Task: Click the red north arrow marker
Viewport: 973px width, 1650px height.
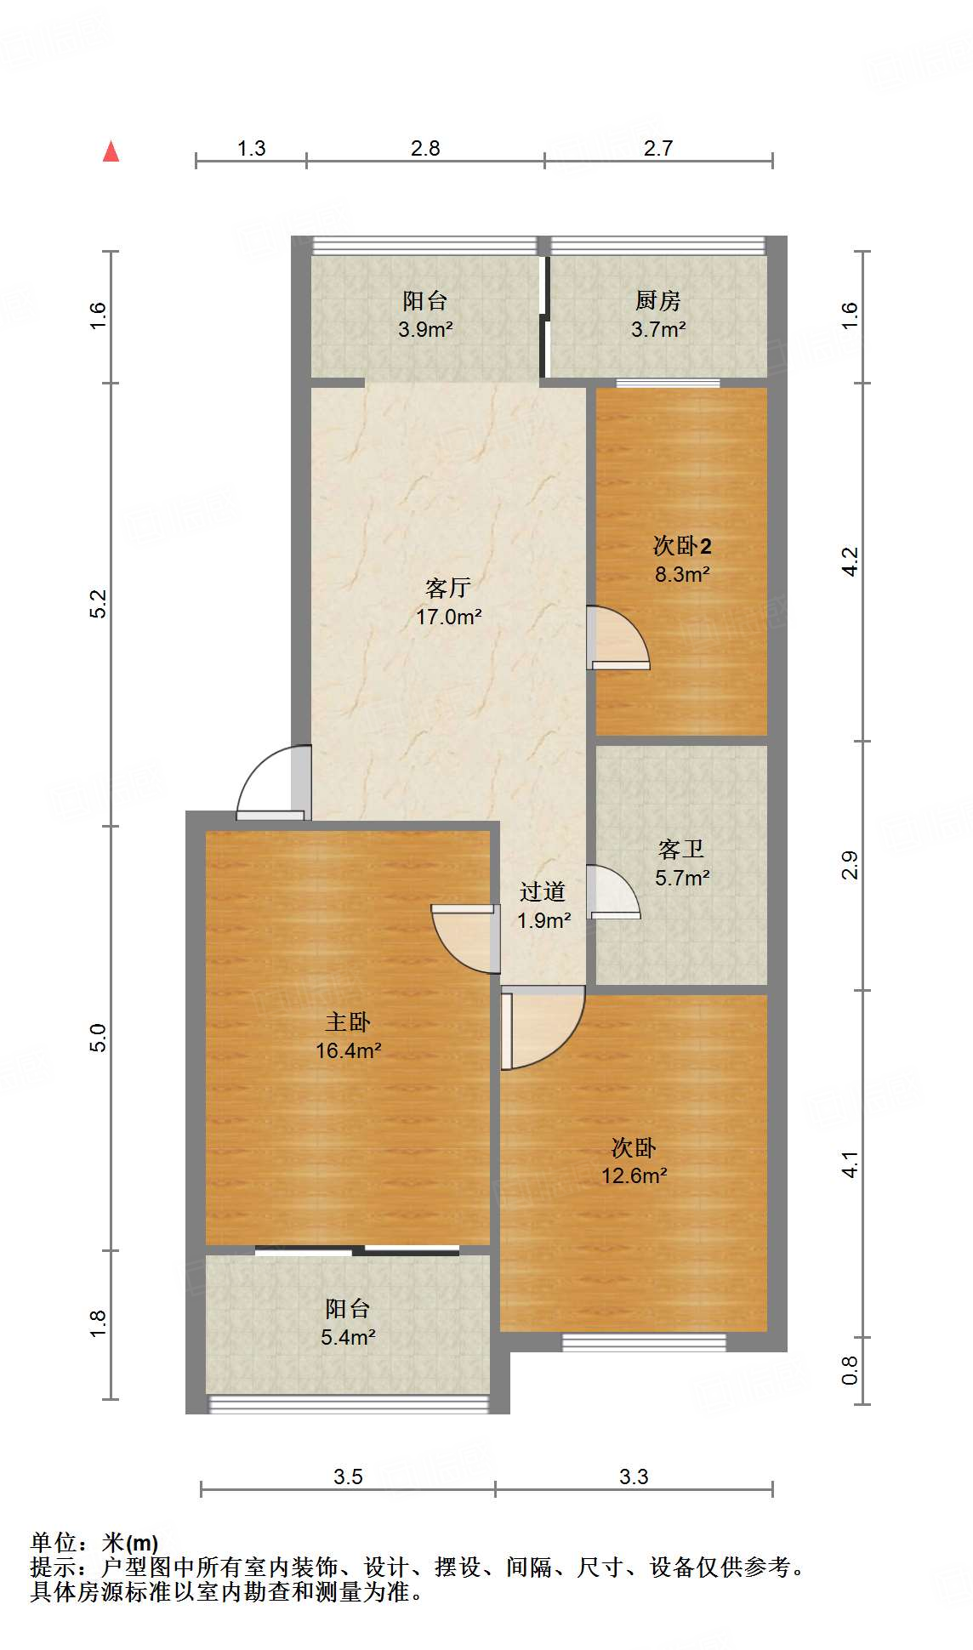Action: tap(111, 152)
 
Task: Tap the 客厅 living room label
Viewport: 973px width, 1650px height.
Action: tap(448, 588)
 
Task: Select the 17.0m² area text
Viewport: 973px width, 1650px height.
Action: tap(448, 617)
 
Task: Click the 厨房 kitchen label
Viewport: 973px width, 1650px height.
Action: tap(657, 301)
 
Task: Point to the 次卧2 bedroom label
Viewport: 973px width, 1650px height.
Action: tap(681, 546)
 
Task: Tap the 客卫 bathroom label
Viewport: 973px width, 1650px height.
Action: tap(681, 849)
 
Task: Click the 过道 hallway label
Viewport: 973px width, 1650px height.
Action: tap(543, 891)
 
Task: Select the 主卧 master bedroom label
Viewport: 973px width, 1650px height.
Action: tap(348, 1021)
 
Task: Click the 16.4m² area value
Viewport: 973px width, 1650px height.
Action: tap(348, 1050)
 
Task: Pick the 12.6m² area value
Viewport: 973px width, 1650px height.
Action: tap(634, 1175)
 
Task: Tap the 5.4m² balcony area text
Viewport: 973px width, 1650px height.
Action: tap(348, 1337)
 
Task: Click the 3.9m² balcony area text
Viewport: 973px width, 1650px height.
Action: tap(425, 329)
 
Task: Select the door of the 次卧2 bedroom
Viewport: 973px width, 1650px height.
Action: tap(619, 639)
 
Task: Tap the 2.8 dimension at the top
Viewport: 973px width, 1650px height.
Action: tap(425, 149)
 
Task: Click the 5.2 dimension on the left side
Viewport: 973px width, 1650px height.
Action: tap(99, 603)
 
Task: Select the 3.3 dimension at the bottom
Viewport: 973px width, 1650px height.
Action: tap(634, 1477)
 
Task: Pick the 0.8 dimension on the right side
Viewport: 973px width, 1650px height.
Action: tap(849, 1369)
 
